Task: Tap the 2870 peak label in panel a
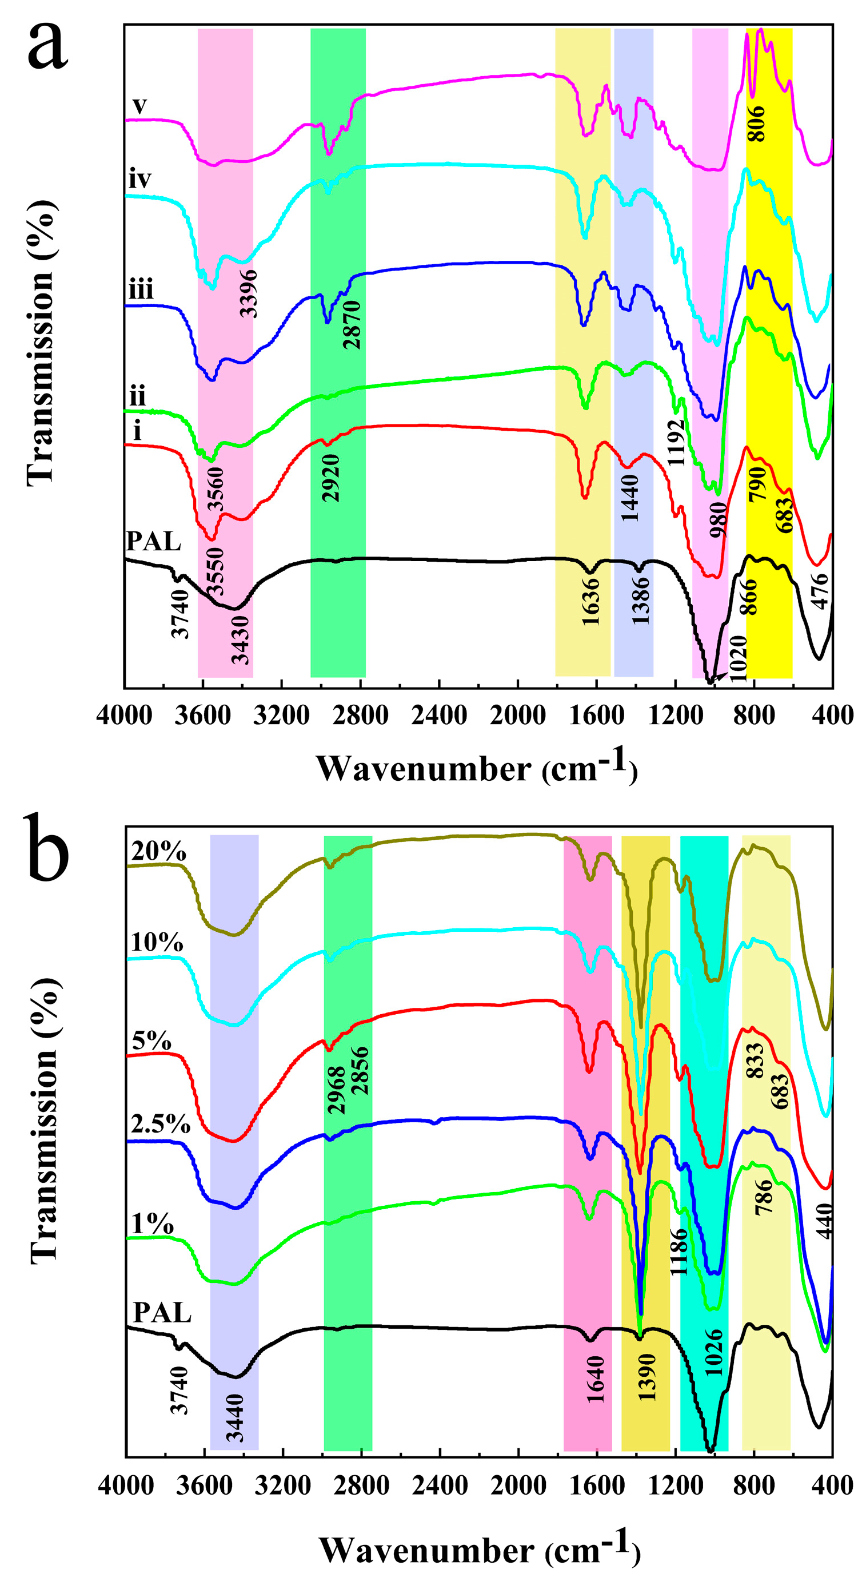pyautogui.click(x=353, y=325)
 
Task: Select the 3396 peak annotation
pyautogui.click(x=249, y=293)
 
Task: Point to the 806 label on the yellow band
pyautogui.click(x=756, y=123)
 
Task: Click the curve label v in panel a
pyautogui.click(x=140, y=106)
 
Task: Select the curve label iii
pyautogui.click(x=141, y=289)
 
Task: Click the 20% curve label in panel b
pyautogui.click(x=159, y=852)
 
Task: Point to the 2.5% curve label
pyautogui.click(x=161, y=1124)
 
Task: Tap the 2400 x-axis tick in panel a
pyautogui.click(x=439, y=716)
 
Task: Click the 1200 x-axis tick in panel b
pyautogui.click(x=676, y=1486)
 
